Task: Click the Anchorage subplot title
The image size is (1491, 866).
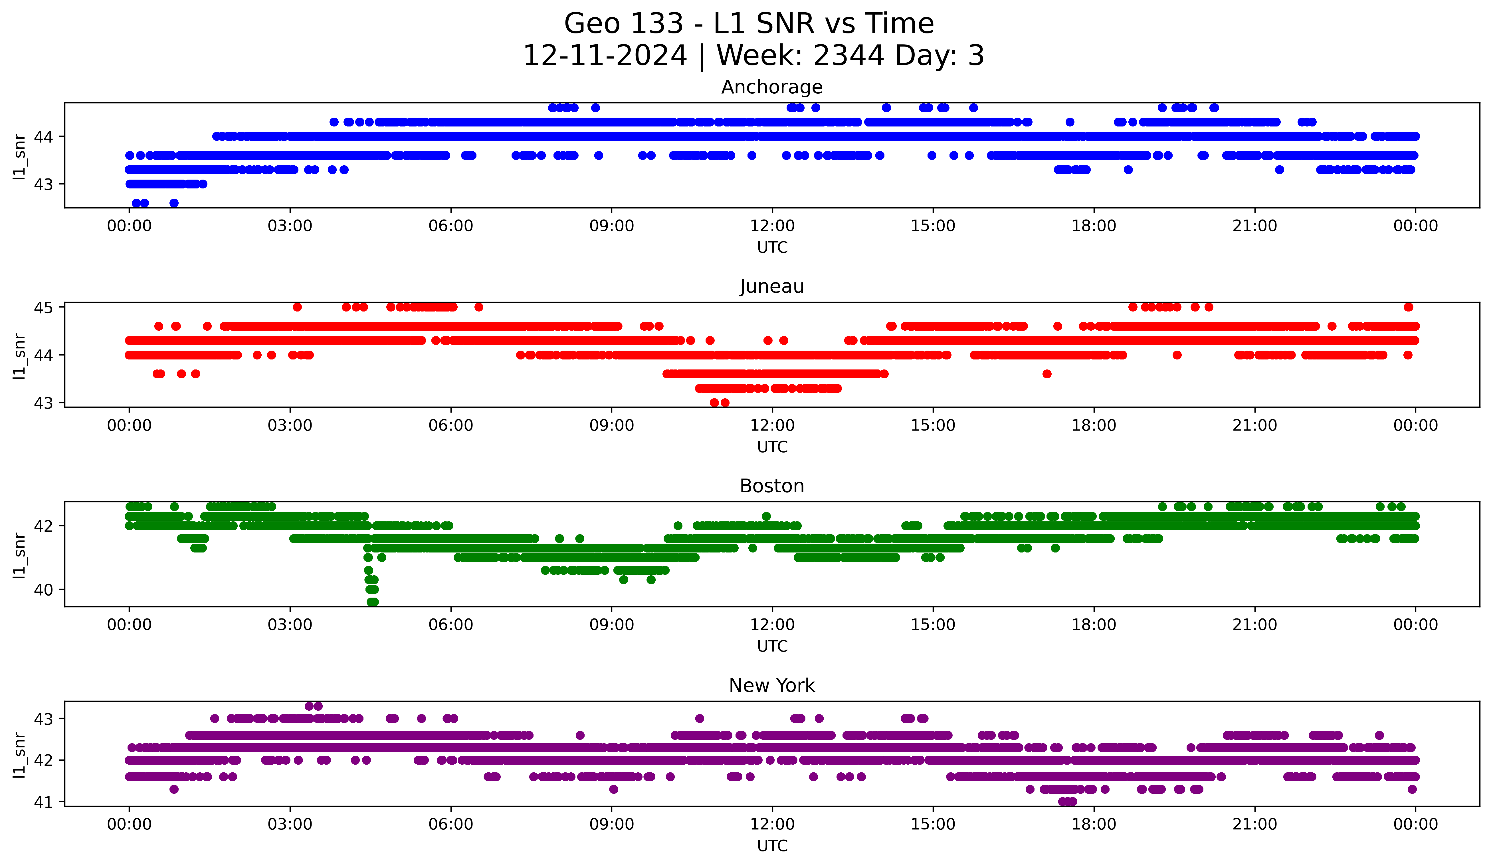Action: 771,87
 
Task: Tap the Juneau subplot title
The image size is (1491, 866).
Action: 771,286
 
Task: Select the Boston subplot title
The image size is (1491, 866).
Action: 771,486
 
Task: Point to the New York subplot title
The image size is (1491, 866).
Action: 771,686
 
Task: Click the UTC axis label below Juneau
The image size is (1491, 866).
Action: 771,447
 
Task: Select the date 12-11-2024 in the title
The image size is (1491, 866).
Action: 605,56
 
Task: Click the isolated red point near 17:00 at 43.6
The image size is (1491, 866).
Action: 1047,373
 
